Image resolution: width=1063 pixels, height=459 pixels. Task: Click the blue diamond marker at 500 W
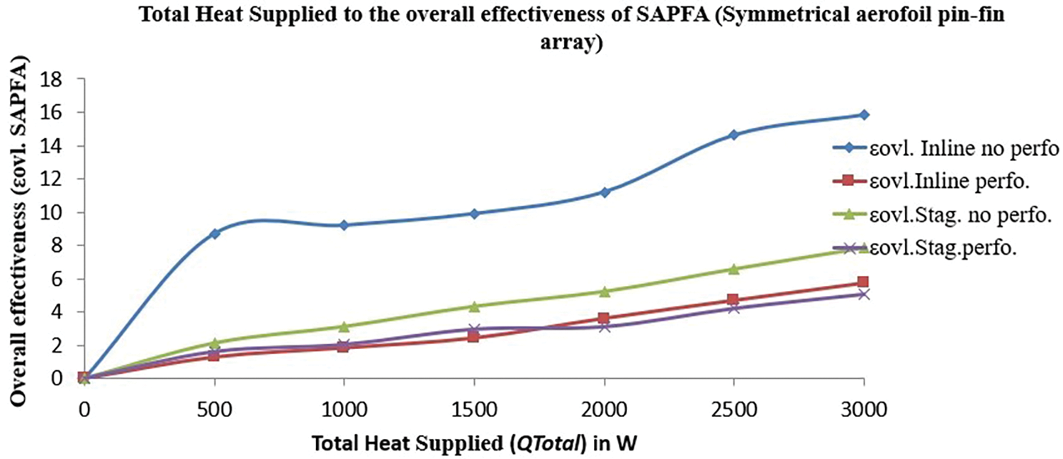coord(215,233)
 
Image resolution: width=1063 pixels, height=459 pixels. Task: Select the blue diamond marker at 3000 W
coord(863,115)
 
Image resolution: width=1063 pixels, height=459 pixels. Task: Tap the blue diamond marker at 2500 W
coord(733,135)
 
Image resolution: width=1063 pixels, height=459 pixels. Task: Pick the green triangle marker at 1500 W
coord(474,306)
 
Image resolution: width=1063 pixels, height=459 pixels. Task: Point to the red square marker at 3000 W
coord(863,282)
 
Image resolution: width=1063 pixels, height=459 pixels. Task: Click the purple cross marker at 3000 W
coord(863,294)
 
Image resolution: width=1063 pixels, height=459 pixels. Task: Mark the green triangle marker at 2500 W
coord(733,268)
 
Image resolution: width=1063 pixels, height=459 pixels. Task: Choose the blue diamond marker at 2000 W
coord(604,192)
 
